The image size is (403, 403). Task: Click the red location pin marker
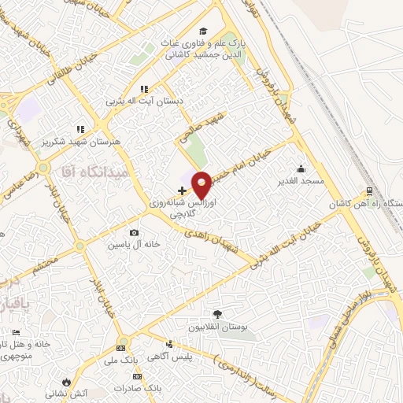tap(201, 183)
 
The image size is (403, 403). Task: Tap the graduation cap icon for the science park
tap(203, 31)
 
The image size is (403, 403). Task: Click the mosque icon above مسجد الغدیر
tap(301, 168)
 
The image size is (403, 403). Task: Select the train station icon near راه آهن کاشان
tap(369, 190)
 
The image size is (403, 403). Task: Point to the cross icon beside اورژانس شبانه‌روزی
tap(183, 190)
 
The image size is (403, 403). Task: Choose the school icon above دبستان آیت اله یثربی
tap(143, 89)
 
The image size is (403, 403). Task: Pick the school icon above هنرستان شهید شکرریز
tap(79, 128)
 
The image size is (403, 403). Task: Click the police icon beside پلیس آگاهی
tap(169, 344)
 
